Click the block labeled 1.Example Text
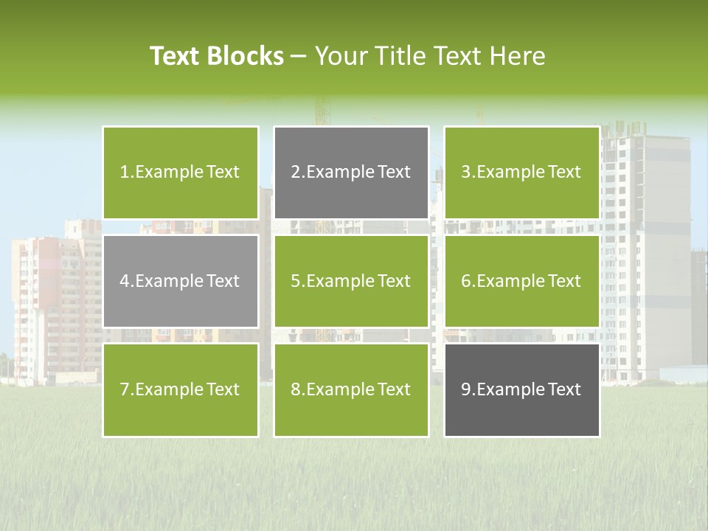point(181,173)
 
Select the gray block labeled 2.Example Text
point(351,173)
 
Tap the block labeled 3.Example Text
point(521,173)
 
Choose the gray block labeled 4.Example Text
point(181,281)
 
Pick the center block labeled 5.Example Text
point(351,281)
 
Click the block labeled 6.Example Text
point(521,281)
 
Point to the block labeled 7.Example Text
point(181,389)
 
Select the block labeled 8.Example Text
point(351,389)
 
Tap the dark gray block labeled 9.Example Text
point(521,389)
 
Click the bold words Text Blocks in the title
point(217,56)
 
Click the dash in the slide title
point(299,56)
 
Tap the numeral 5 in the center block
point(295,281)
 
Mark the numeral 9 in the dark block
point(465,389)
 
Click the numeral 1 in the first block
point(124,173)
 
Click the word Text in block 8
point(394,389)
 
